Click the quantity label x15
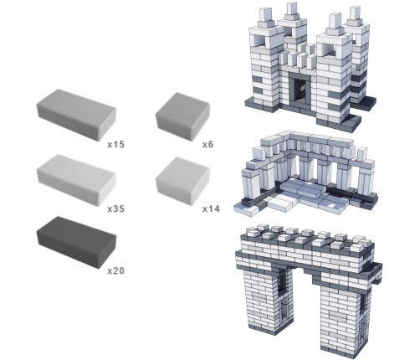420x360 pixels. tap(115, 144)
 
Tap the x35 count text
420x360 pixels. tap(115, 208)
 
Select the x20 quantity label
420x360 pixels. tap(115, 270)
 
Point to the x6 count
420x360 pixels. tap(207, 144)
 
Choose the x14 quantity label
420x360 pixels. tap(211, 208)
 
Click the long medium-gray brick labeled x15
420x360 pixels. tap(76, 115)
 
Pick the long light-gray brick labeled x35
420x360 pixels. tap(76, 179)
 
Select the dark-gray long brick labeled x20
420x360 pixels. tap(76, 242)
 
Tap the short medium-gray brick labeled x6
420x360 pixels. tap(182, 116)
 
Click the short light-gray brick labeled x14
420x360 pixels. tap(182, 180)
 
